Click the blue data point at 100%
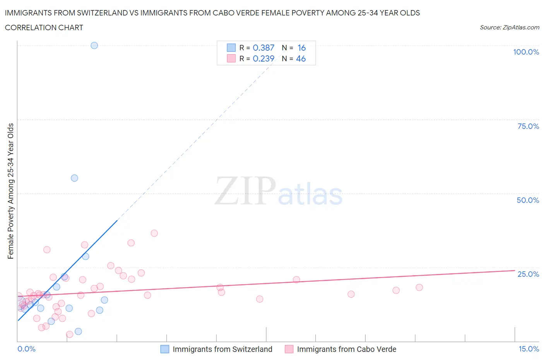(x=94, y=45)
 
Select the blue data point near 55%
(x=74, y=178)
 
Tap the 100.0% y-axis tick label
(x=526, y=52)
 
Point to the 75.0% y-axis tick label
(x=528, y=126)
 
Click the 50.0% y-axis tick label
(x=528, y=200)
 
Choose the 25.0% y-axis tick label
(x=528, y=274)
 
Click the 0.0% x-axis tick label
(x=26, y=349)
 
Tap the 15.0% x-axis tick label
(x=529, y=349)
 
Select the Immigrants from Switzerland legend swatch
(x=165, y=349)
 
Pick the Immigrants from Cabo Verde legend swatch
(x=289, y=349)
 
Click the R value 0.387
(x=263, y=48)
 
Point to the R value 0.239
(x=263, y=58)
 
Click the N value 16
(x=301, y=48)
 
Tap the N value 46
(x=301, y=58)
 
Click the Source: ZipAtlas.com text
(x=509, y=27)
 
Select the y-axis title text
(x=11, y=191)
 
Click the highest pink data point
(x=154, y=233)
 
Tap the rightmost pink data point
(x=419, y=287)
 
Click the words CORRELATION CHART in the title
(x=44, y=27)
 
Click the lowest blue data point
(x=78, y=331)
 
